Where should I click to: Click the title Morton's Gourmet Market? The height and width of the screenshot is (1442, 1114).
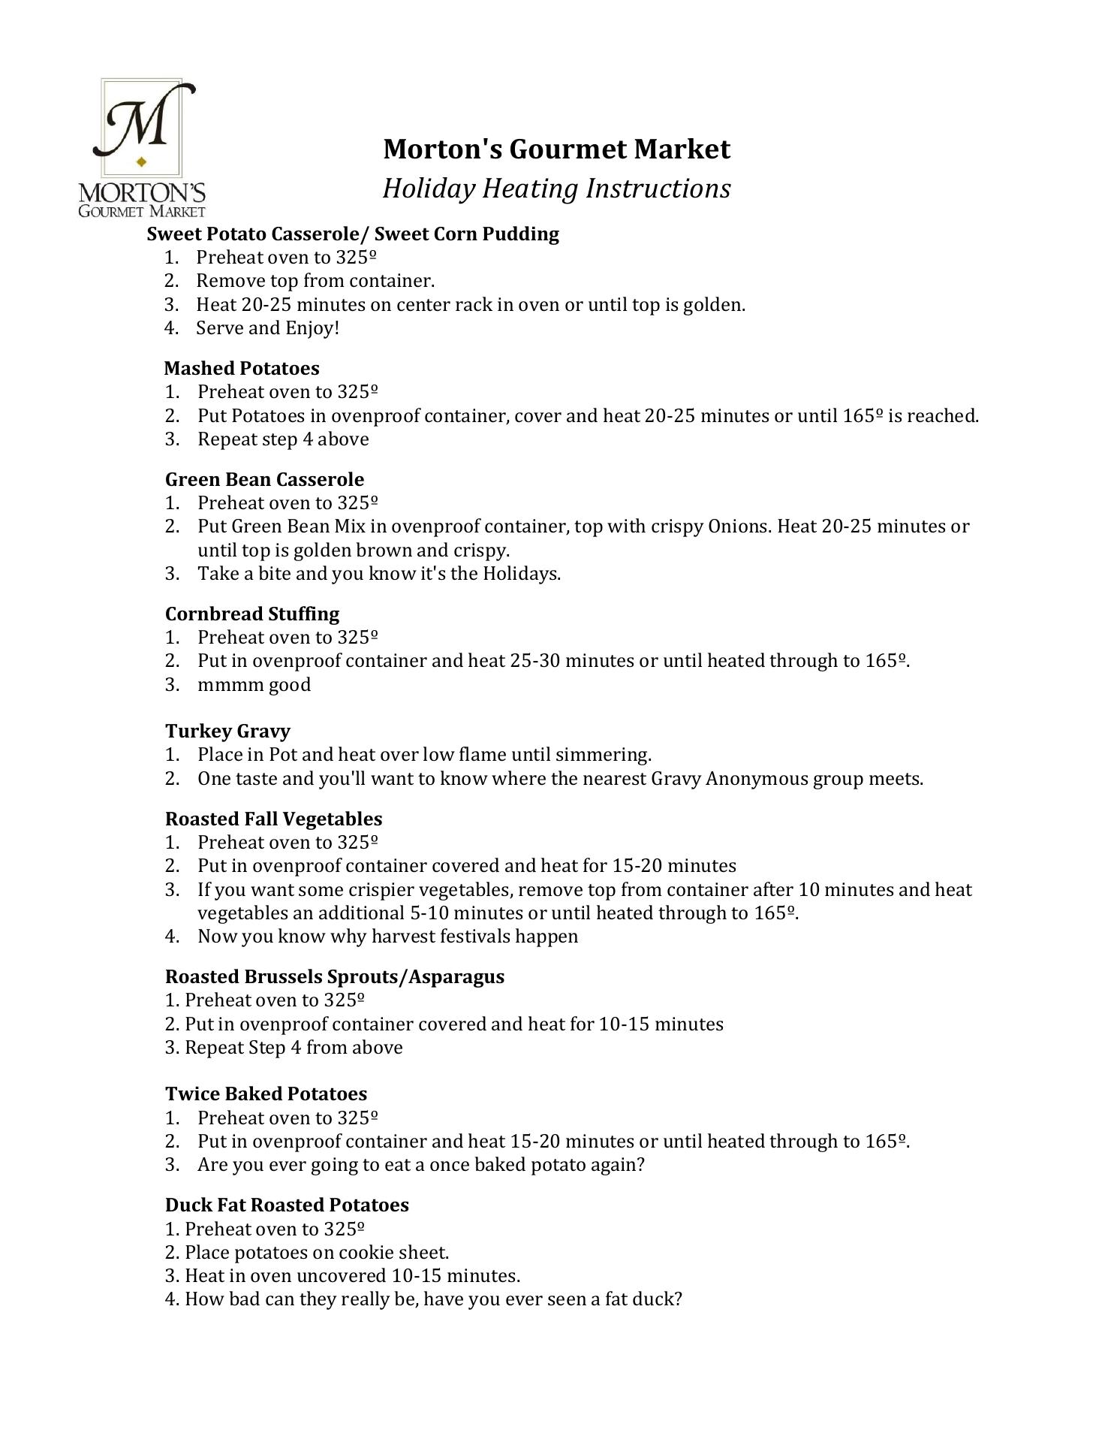[x=556, y=149]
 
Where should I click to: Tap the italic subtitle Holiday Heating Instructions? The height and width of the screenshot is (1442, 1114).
[x=556, y=189]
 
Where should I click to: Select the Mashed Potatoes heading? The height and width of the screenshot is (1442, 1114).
[x=242, y=368]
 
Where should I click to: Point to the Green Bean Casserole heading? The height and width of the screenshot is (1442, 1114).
[x=264, y=479]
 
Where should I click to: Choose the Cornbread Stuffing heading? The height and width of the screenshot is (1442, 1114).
[x=252, y=614]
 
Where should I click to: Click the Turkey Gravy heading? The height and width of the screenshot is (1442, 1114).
[x=227, y=731]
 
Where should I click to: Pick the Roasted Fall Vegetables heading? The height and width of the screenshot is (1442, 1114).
[x=273, y=819]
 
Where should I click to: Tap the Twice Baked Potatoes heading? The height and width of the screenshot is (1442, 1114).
[x=266, y=1094]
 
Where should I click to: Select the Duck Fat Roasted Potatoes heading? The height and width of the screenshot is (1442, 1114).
[x=287, y=1205]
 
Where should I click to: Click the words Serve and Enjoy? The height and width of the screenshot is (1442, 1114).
[x=268, y=328]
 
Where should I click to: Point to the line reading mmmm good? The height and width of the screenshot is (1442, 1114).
[x=254, y=685]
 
